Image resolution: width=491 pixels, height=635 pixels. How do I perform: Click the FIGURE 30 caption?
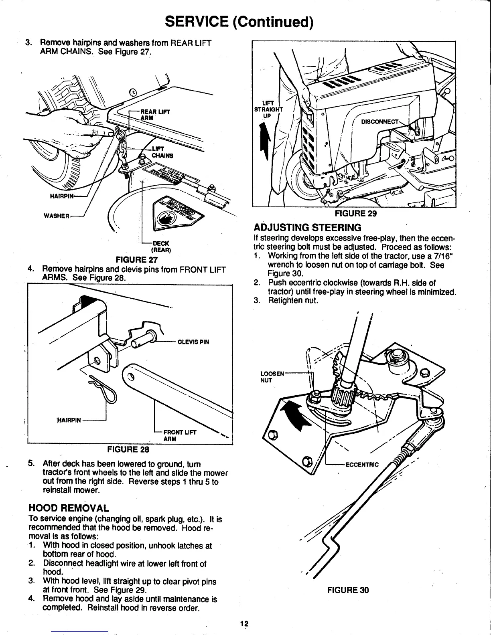(x=348, y=590)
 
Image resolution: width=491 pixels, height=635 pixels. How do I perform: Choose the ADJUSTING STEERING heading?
(x=308, y=228)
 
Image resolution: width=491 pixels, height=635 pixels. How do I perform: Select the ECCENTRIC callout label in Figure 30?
(x=362, y=465)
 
